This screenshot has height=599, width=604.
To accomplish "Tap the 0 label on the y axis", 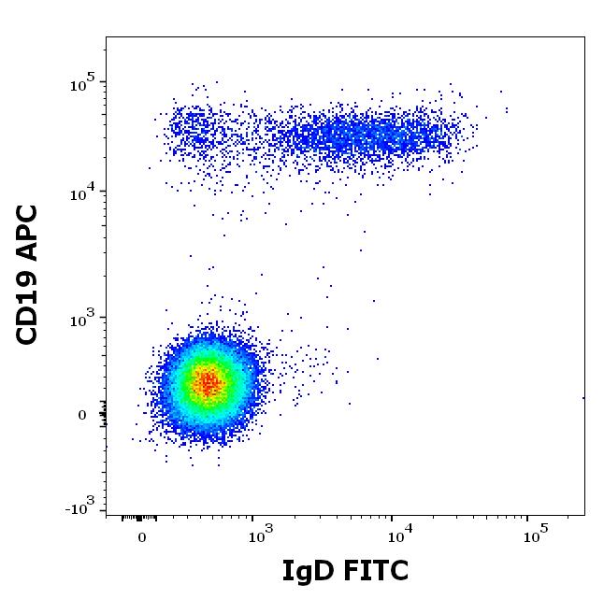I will coord(81,415).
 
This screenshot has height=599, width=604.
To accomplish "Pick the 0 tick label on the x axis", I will coord(142,538).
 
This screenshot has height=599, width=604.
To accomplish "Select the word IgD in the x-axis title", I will coord(305,571).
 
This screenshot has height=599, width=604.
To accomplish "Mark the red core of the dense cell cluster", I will coord(209,381).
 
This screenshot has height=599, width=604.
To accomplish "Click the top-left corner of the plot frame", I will coord(106,36).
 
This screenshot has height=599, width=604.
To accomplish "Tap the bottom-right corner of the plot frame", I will coord(585,515).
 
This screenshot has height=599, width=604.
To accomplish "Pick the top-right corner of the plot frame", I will coord(585,36).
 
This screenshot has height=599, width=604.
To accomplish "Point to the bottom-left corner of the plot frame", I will coord(106,515).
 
